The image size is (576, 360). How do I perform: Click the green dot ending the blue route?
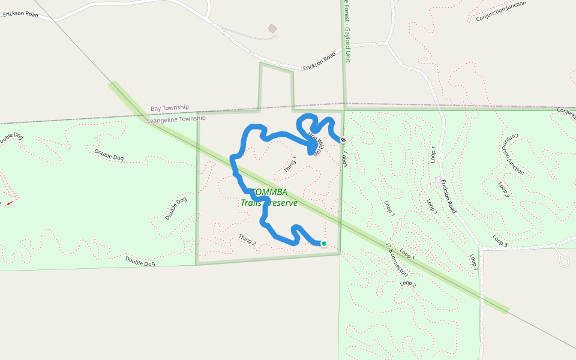point(324,244)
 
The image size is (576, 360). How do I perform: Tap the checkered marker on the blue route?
point(343,140)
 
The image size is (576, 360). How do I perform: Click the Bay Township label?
point(170,108)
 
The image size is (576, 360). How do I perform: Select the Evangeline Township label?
point(176,119)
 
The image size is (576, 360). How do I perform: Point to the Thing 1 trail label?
point(290,164)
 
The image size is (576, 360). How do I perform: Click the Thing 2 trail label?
point(247,239)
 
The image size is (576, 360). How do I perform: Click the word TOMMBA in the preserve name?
point(269,192)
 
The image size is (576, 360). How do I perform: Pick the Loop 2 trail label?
point(409,283)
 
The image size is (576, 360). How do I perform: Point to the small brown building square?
point(272,28)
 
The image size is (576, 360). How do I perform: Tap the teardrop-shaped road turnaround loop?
point(564,260)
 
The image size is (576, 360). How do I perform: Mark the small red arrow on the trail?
point(9,203)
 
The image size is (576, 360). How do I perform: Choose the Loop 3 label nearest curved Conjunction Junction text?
point(503,188)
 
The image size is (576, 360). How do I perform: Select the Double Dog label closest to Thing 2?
point(140,262)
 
